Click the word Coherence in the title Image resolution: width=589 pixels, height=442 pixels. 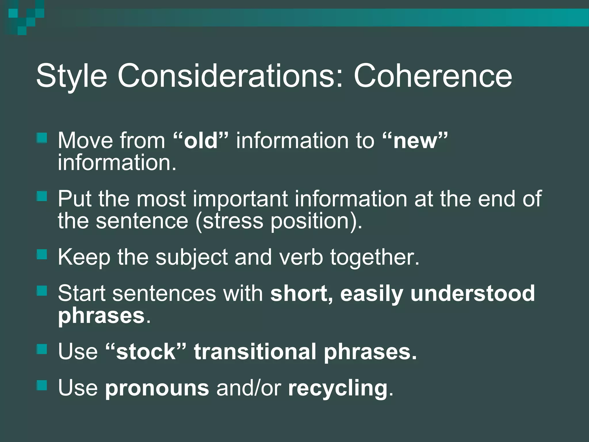click(433, 76)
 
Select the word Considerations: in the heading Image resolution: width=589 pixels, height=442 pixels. click(230, 76)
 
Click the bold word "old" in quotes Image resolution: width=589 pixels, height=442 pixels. click(201, 141)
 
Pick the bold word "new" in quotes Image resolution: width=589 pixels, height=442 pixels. click(415, 141)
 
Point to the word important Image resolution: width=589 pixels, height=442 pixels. click(240, 199)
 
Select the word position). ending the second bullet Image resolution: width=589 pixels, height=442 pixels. click(316, 221)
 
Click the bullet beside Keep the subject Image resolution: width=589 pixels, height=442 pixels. click(42, 254)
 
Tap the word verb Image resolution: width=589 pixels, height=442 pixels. click(301, 257)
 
